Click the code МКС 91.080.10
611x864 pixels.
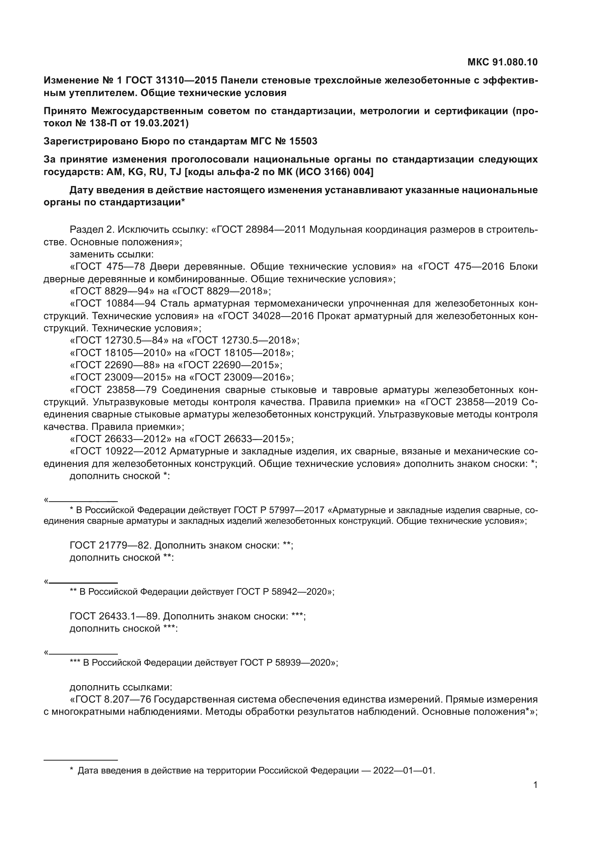[502, 62]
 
